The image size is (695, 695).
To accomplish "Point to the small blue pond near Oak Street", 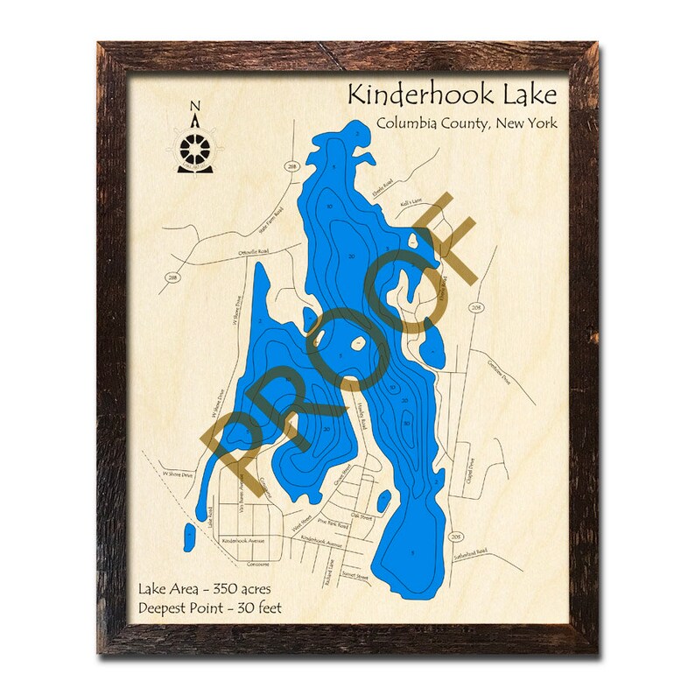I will click(383, 502).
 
